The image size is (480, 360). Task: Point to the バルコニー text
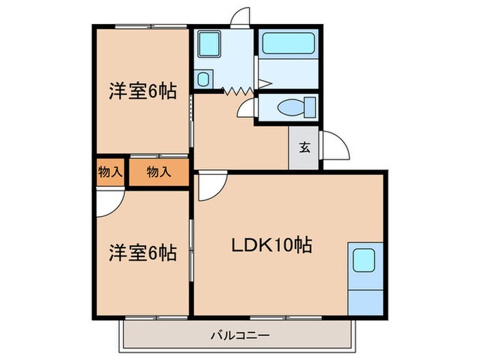point(239,335)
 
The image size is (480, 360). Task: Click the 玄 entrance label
point(303,147)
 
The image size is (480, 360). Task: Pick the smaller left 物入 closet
point(110,171)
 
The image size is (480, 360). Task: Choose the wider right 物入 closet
point(158,171)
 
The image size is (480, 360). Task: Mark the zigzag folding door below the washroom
point(236,89)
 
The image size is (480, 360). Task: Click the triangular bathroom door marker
point(264,86)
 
